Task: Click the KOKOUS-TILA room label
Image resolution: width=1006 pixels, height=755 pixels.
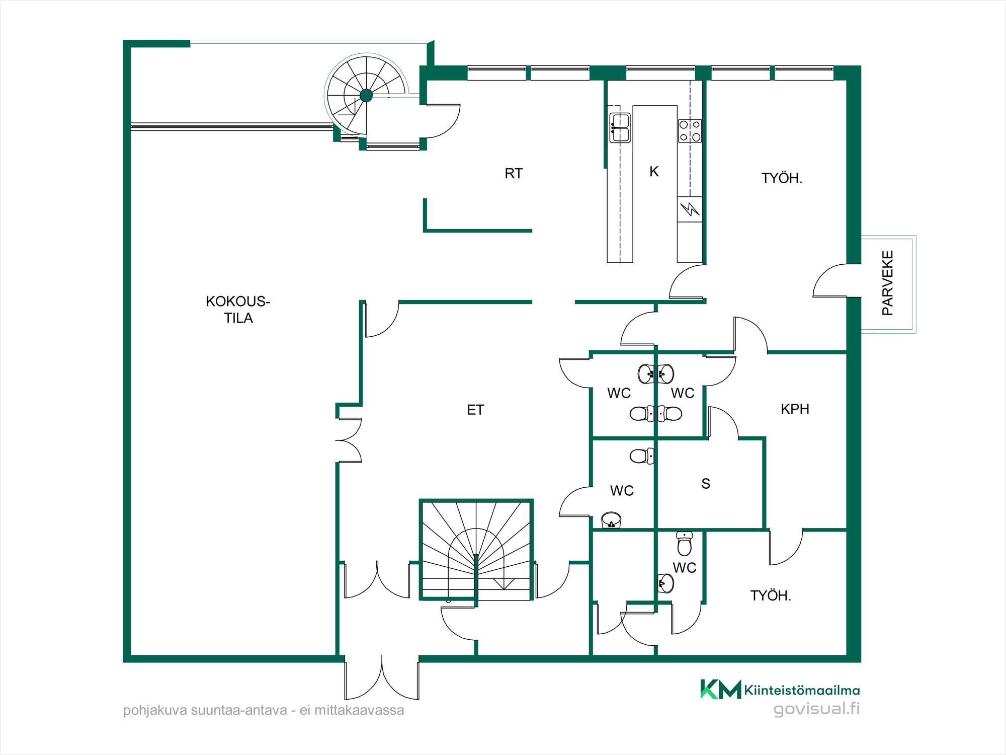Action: tap(238, 310)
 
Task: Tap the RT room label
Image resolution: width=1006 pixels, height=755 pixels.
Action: tap(514, 174)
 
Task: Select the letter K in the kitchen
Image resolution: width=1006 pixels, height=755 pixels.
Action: tap(654, 172)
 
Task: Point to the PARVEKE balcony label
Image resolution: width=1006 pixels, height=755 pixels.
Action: tap(888, 283)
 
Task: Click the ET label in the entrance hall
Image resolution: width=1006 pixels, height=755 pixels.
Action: tap(475, 410)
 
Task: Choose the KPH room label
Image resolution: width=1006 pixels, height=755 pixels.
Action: tap(795, 409)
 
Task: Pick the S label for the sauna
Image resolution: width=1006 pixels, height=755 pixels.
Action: tap(706, 484)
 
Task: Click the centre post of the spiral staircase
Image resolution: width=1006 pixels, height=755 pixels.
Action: tap(366, 95)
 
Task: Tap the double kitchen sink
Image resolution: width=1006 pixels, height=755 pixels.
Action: tap(620, 128)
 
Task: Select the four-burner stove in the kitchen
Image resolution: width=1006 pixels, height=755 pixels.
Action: tap(690, 131)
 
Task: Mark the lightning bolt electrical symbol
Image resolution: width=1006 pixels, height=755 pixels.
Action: tap(690, 208)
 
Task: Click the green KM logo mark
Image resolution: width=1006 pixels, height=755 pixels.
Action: tap(720, 689)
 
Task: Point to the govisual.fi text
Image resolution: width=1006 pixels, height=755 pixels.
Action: tap(816, 709)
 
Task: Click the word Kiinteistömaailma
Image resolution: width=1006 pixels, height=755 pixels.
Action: tap(802, 690)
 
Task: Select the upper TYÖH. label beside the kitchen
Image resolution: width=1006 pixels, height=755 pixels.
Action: tap(782, 178)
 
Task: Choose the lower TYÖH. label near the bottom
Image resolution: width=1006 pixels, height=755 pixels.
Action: tap(771, 596)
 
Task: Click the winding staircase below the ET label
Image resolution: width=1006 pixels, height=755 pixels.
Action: tap(476, 550)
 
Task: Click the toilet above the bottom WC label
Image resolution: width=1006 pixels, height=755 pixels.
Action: tap(684, 543)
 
